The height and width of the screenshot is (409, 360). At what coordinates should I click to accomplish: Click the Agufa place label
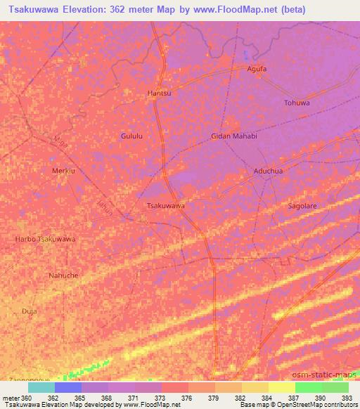coord(257,69)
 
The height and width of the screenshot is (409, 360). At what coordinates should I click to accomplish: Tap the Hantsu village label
coord(159,93)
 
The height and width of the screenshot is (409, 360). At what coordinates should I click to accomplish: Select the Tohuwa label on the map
coord(296,103)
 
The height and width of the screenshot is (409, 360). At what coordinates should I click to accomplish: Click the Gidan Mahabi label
coord(234,136)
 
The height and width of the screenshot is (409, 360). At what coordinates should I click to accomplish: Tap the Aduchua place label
coord(268,171)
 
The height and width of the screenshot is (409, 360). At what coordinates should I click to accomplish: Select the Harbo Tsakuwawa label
coord(45,239)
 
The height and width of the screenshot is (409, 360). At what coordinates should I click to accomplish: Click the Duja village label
coord(29,310)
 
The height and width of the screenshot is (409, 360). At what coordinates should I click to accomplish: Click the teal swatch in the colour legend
coord(41,387)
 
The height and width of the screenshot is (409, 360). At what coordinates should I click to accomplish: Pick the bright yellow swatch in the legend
coord(282,387)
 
